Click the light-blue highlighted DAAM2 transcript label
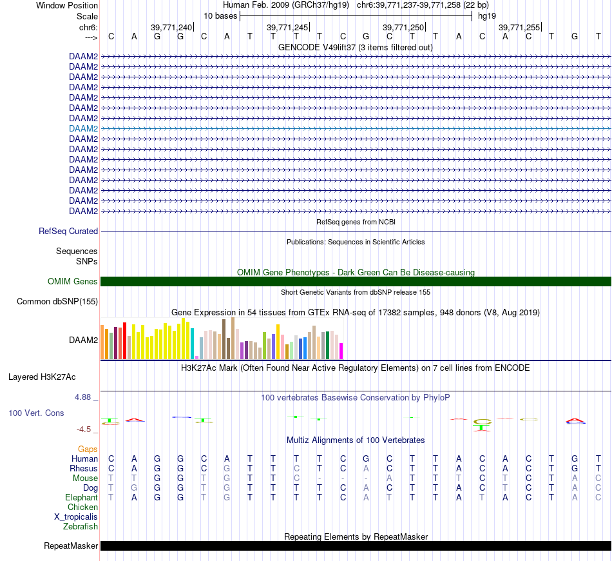(84, 128)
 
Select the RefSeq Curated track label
(68, 231)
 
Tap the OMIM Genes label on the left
(73, 281)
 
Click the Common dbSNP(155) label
(57, 301)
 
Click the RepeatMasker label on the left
(71, 546)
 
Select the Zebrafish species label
(81, 526)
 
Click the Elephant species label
(81, 497)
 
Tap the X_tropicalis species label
(76, 517)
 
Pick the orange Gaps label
(88, 449)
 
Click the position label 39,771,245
(287, 27)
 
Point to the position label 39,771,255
(519, 27)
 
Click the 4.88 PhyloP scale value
(84, 397)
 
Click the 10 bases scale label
(220, 15)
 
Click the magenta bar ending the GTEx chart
(341, 351)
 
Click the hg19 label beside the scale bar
(487, 15)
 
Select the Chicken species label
(82, 507)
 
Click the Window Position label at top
(67, 5)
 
